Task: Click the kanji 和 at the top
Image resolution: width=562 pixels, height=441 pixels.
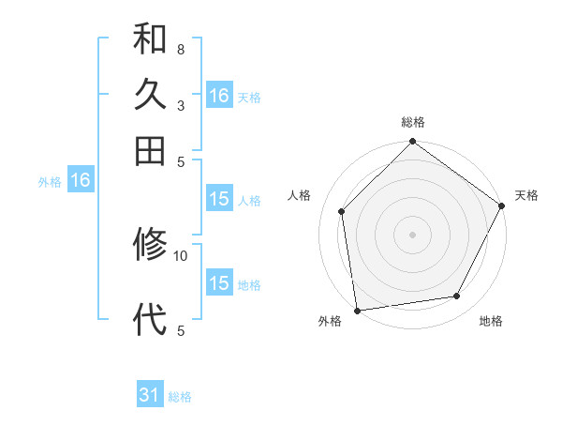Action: coord(150,40)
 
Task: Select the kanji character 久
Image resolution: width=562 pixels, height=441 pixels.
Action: coord(150,95)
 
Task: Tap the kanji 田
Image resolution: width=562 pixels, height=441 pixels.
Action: coord(150,150)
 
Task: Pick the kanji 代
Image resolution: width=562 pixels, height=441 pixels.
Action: coord(150,319)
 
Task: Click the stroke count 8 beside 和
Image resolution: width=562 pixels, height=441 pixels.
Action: coord(180,49)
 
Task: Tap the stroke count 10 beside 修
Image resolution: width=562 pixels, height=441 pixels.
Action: coord(181,254)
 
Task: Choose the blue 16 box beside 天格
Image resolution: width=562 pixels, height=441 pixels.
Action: coord(219,96)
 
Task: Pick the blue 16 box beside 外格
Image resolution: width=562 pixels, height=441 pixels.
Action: coord(81,181)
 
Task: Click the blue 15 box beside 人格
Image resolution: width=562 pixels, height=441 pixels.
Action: coord(219,199)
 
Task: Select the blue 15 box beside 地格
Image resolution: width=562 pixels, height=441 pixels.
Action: coord(219,283)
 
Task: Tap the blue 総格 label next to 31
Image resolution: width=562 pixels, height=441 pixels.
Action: coord(180,397)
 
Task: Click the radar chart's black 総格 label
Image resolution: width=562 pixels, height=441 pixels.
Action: coord(413,122)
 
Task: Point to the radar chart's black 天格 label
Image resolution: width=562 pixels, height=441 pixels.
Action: coord(526,195)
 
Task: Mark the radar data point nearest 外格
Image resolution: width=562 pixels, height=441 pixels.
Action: coord(357,311)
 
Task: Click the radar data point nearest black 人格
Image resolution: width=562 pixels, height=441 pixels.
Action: coord(342,211)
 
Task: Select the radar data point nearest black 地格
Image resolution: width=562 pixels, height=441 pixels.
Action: coord(457,297)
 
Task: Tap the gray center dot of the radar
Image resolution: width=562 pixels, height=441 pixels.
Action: coord(412,234)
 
